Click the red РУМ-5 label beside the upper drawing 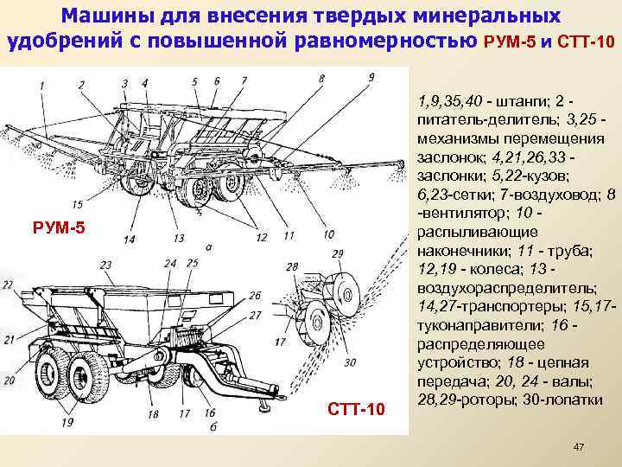coord(58,228)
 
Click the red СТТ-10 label coord(355,407)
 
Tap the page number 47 coord(580,446)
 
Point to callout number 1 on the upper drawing coord(41,84)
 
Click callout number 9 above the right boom coord(371,78)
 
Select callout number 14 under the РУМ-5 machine coord(130,238)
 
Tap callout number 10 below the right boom coord(328,234)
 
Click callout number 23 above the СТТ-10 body coord(105,264)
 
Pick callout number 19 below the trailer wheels coord(67,423)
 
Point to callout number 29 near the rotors coord(336,253)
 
